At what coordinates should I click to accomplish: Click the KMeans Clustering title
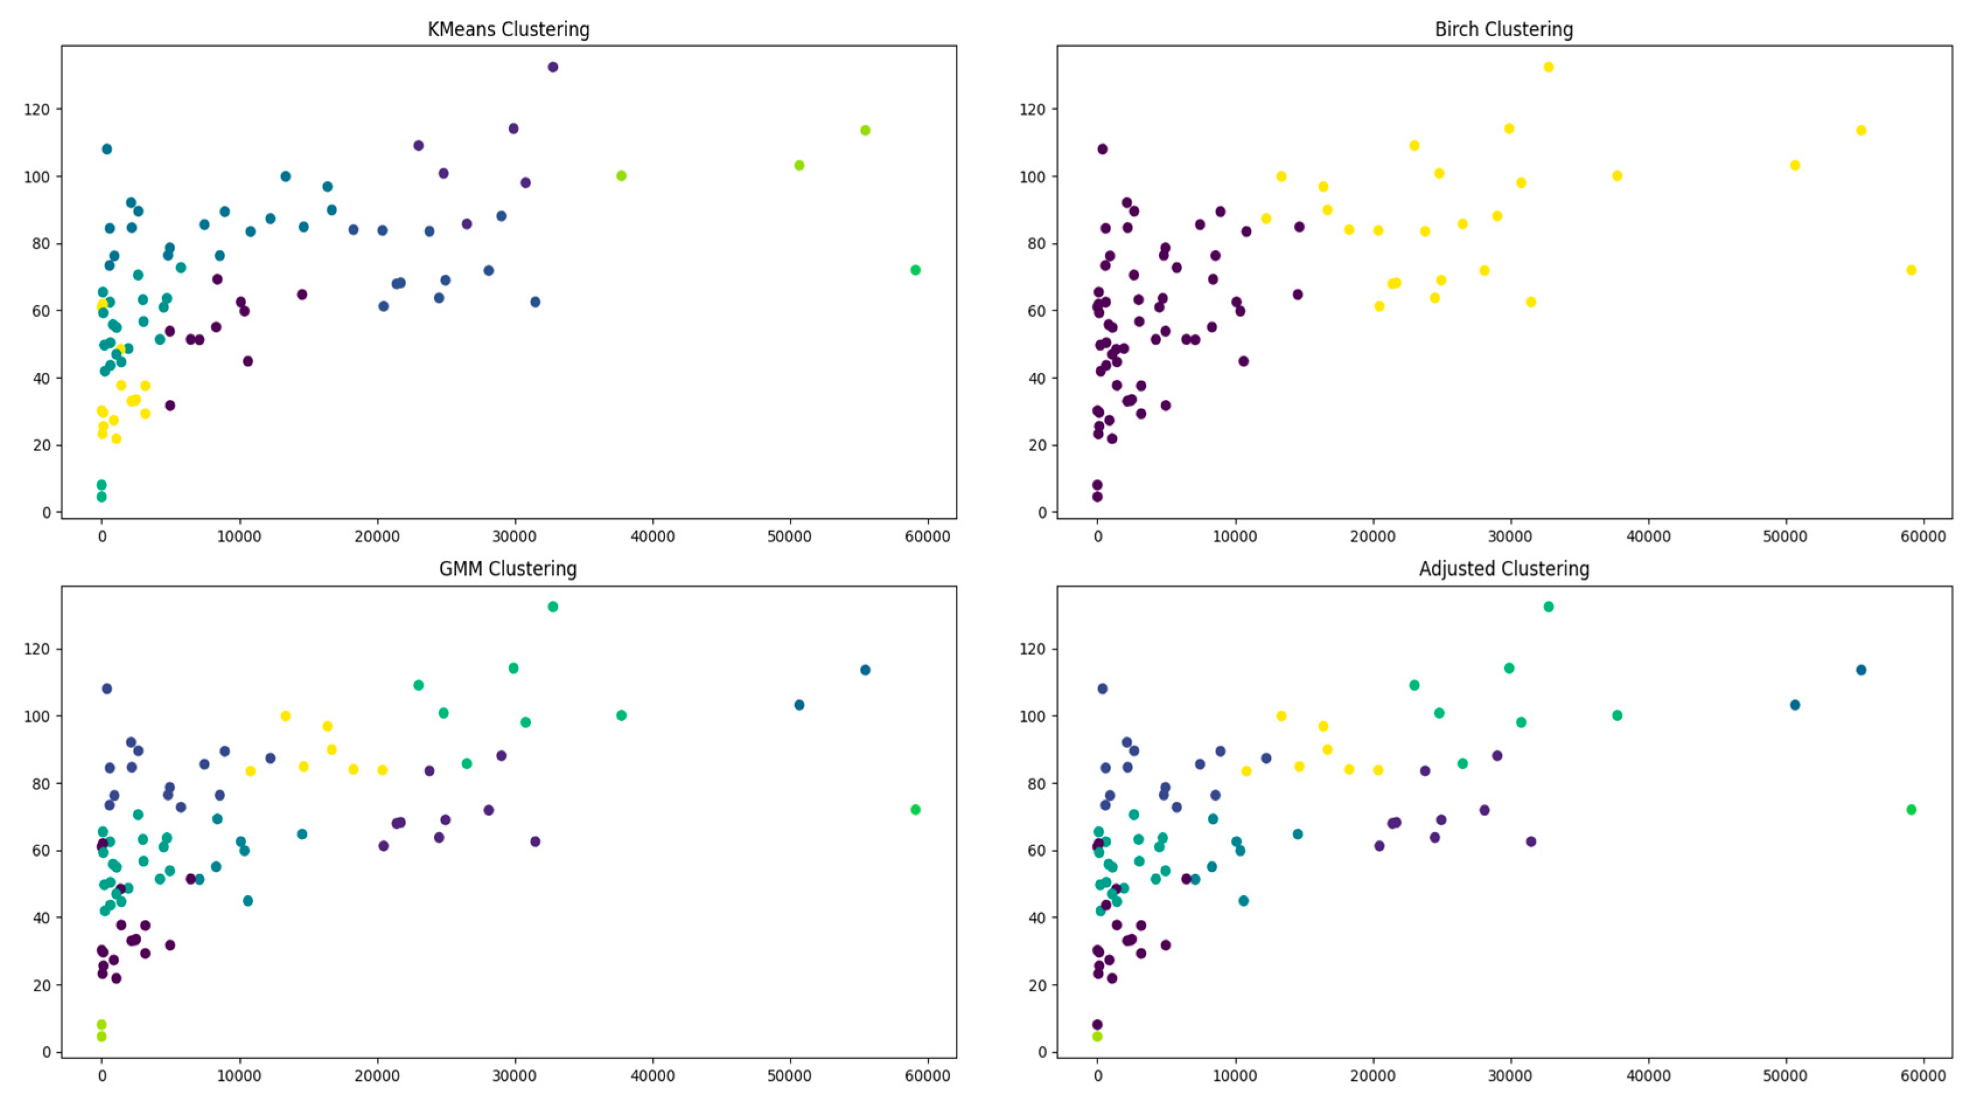508,30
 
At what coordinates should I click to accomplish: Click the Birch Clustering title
1504,30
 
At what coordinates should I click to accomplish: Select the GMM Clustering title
508,569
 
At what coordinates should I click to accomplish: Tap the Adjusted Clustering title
1504,569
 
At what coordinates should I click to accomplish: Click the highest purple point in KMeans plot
553,67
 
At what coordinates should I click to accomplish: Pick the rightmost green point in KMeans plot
915,270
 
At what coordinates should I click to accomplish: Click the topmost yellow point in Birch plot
1548,67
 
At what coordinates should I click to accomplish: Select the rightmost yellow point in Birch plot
1910,270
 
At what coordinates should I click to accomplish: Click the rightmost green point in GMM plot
915,810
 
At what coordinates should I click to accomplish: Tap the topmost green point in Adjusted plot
1548,607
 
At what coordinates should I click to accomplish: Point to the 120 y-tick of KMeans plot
37,110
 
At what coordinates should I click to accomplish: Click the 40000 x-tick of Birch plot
1647,536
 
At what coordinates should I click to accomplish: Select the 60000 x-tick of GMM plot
927,1076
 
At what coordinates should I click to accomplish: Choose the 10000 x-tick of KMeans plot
239,536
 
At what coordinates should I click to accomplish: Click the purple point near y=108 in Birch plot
1102,149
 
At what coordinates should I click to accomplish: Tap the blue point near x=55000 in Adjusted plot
1861,671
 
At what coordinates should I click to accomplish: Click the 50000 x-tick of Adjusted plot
1785,1076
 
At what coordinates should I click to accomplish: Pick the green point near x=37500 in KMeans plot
621,176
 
